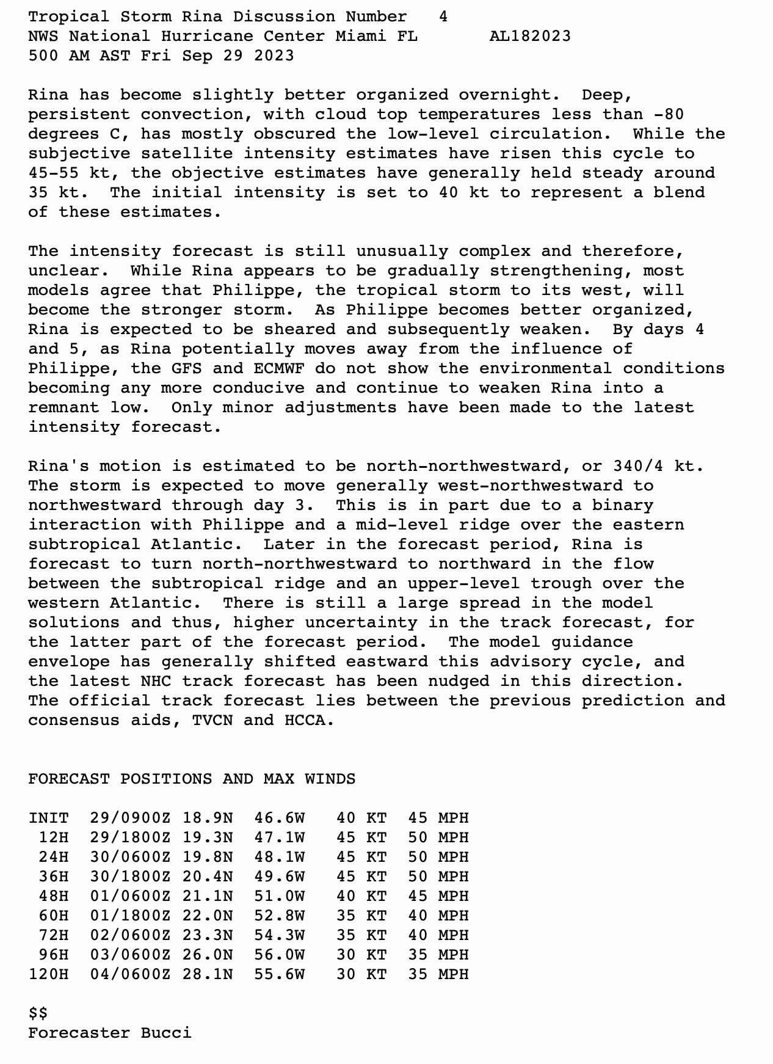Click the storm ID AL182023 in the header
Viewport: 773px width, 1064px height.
pyautogui.click(x=530, y=36)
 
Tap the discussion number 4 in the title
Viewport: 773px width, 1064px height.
pyautogui.click(x=443, y=16)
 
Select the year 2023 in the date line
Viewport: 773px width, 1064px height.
pyautogui.click(x=274, y=56)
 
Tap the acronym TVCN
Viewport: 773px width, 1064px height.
pyautogui.click(x=212, y=720)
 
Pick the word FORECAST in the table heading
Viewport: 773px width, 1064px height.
pyautogui.click(x=69, y=779)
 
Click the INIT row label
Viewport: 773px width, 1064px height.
pyautogui.click(x=48, y=818)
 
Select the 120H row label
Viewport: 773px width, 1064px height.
pyautogui.click(x=48, y=974)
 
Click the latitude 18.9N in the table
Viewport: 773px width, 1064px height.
pyautogui.click(x=208, y=818)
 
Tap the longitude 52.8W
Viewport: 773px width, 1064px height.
pyautogui.click(x=279, y=916)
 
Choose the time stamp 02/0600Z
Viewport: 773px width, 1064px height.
pyautogui.click(x=131, y=935)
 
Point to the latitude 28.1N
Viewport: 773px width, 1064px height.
pyautogui.click(x=208, y=974)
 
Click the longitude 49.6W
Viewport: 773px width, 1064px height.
pyautogui.click(x=279, y=876)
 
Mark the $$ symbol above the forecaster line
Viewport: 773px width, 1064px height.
pyautogui.click(x=38, y=1013)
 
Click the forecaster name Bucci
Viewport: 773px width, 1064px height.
pyautogui.click(x=166, y=1033)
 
